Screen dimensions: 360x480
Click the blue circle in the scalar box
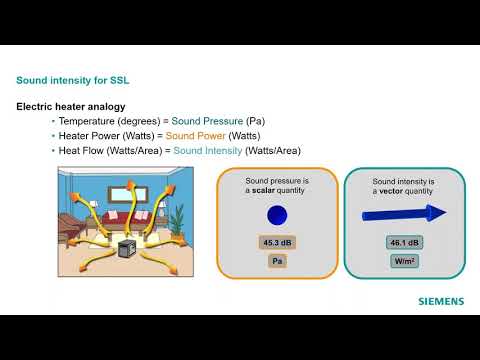[276, 215]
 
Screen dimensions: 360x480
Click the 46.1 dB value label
[404, 242]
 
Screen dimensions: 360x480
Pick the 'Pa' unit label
[276, 261]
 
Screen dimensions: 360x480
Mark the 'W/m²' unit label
[404, 261]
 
